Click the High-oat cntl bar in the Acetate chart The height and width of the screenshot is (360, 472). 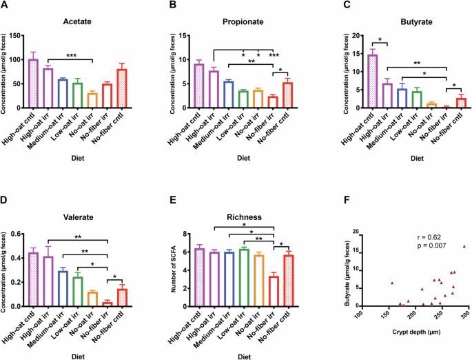point(32,83)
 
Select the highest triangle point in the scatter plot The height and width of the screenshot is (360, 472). point(464,246)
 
